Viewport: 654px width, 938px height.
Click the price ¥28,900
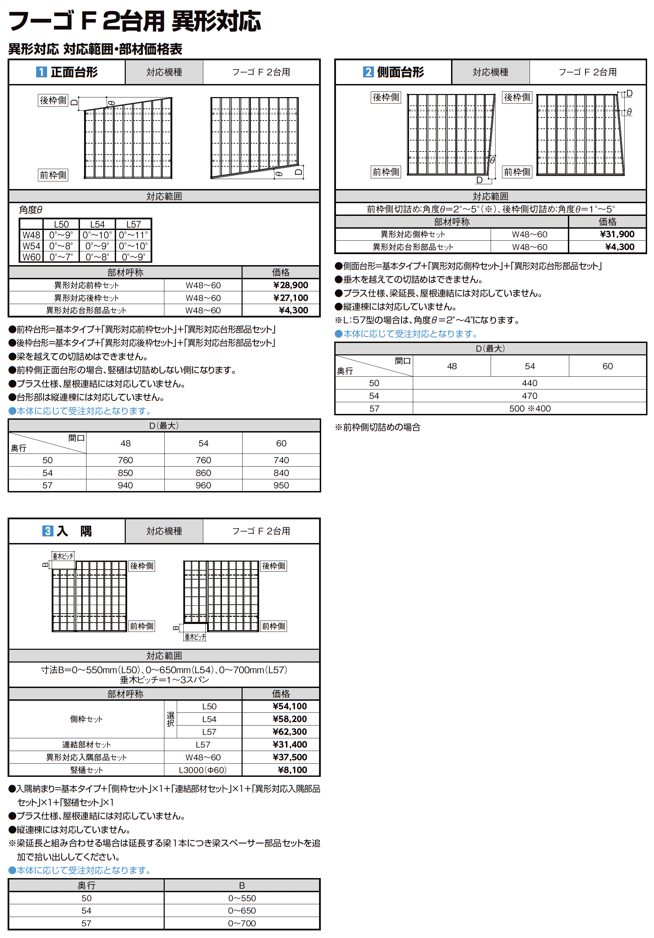290,285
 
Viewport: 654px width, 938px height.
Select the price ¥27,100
290,298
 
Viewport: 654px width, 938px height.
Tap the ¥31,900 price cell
617,234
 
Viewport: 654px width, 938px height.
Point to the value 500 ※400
530,408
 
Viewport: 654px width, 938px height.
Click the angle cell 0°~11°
133,235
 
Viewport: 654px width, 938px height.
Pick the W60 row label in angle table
31,257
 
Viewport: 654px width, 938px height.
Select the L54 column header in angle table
97,224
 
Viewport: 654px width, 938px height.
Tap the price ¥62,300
289,732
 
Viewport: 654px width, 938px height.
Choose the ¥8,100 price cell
292,770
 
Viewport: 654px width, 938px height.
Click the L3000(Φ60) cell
203,770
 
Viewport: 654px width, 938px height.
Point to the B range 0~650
242,911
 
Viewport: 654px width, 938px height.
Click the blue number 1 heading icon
41,72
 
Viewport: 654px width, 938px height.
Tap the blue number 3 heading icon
48,531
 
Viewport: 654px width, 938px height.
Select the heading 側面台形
401,72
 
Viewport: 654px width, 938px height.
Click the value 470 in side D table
530,396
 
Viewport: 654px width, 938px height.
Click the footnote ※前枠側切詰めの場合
377,427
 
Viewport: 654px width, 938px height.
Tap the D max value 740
281,460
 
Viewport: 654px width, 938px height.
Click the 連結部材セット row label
86,745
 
